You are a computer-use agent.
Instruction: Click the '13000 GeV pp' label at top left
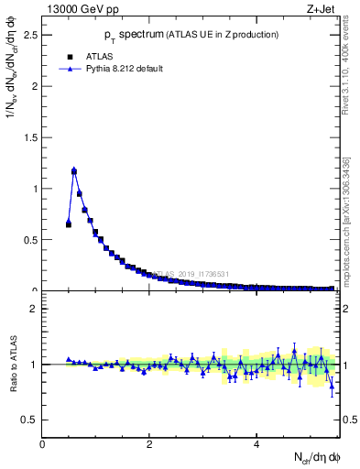82,9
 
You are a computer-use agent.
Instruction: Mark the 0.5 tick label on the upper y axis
31,240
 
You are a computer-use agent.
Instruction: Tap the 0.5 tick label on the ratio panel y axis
31,420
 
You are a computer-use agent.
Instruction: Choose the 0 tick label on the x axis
43,444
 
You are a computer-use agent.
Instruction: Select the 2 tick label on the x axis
149,444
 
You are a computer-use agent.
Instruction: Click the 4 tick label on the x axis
256,444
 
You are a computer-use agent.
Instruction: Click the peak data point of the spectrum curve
74,170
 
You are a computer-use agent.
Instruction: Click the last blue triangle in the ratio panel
332,386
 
